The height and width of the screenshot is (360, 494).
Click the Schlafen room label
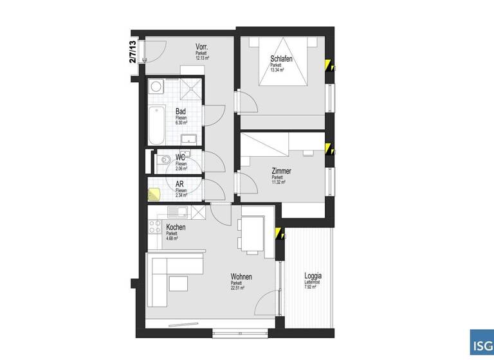(282, 59)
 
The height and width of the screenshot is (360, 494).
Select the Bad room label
(181, 111)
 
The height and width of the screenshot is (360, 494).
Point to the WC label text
(181, 157)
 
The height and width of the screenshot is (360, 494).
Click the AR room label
(181, 184)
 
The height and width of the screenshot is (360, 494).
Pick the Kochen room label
(176, 228)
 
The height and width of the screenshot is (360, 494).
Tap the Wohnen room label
(241, 276)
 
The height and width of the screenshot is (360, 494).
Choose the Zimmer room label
(281, 171)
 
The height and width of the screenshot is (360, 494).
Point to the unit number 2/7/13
(133, 51)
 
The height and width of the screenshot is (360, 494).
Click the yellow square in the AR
(154, 193)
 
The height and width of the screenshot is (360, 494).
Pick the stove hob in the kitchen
(154, 226)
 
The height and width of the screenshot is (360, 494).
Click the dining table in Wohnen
(252, 233)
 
